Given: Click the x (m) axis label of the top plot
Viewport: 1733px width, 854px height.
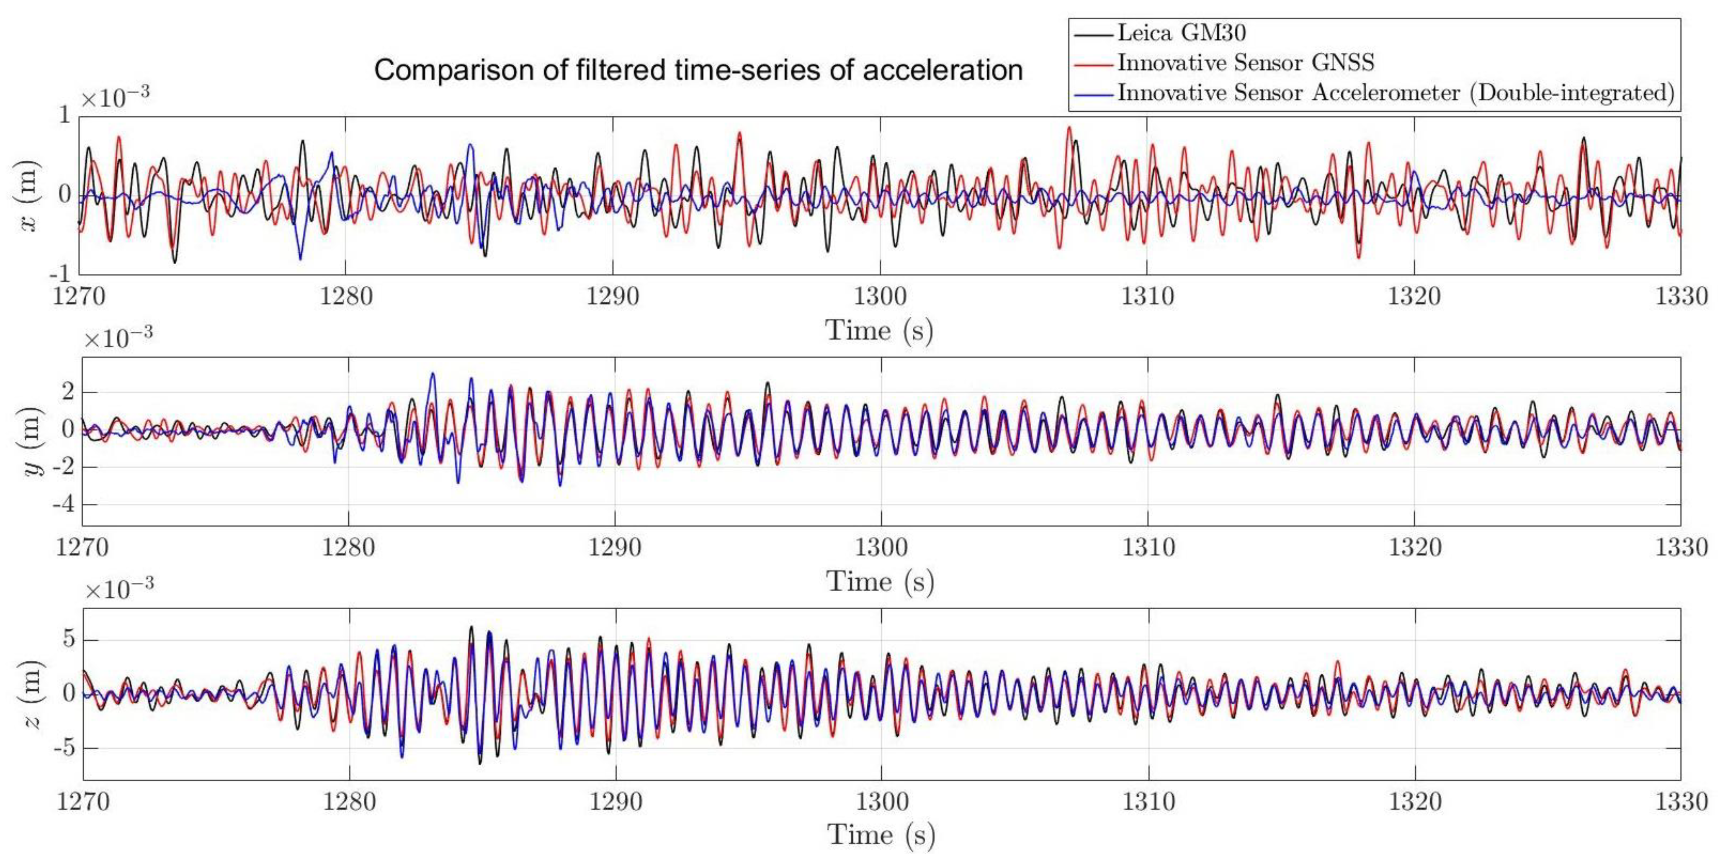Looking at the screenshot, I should [x=30, y=195].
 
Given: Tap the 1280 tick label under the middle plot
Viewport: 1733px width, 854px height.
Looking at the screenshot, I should [x=348, y=547].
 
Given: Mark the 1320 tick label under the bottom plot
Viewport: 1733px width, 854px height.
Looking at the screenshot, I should [x=1415, y=802].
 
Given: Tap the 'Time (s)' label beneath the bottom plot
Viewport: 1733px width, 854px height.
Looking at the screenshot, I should [x=881, y=835].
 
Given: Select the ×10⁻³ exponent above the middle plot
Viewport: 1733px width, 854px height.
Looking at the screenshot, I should [x=118, y=338].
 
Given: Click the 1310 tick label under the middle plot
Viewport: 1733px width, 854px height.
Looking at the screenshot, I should [x=1148, y=547].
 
